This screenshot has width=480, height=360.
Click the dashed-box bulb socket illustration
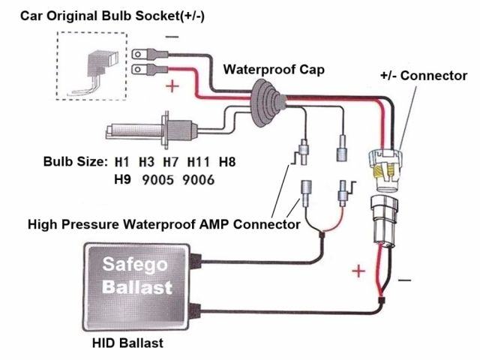tap(88, 67)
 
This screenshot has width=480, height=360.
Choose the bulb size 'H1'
tap(122, 161)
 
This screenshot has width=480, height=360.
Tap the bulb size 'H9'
tap(122, 180)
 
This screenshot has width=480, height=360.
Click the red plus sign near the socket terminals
tap(173, 85)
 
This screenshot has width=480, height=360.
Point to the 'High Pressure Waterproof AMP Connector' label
tap(163, 224)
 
